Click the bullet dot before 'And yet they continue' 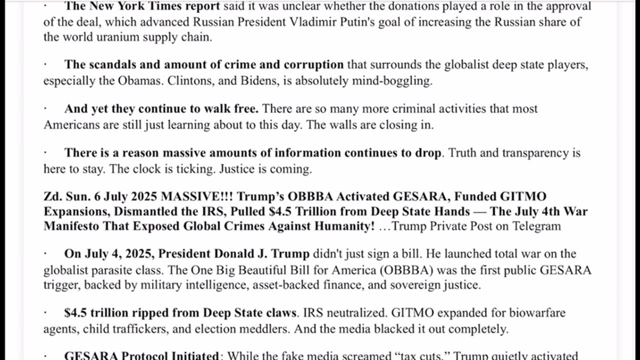45,109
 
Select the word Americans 72,125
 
